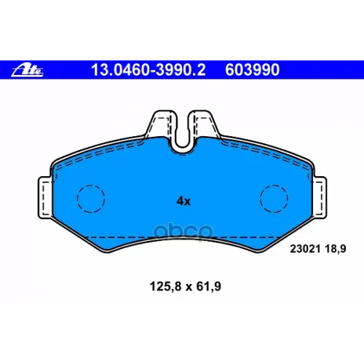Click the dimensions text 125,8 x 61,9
pyautogui.click(x=180, y=288)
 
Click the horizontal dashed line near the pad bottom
pyautogui.click(x=182, y=238)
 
